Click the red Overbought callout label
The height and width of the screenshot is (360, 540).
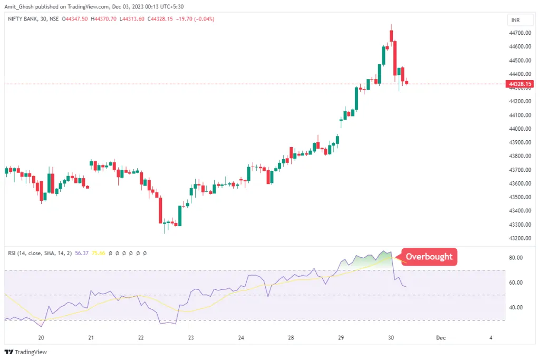point(429,257)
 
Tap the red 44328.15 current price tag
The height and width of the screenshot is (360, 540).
point(519,84)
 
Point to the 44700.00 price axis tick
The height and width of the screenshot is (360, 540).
point(519,33)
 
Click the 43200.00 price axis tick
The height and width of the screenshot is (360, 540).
point(519,238)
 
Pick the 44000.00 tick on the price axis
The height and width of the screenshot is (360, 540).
point(519,129)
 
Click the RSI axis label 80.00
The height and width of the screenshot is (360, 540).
point(516,258)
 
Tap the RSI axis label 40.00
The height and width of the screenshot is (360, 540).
point(516,307)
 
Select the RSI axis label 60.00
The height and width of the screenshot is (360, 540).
point(516,283)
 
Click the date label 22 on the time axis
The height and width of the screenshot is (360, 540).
point(141,338)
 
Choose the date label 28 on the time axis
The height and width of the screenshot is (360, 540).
point(291,338)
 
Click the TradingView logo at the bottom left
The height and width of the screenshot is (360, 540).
point(26,352)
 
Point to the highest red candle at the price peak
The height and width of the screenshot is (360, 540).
point(391,35)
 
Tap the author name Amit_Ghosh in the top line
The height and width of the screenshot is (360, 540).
point(20,6)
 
